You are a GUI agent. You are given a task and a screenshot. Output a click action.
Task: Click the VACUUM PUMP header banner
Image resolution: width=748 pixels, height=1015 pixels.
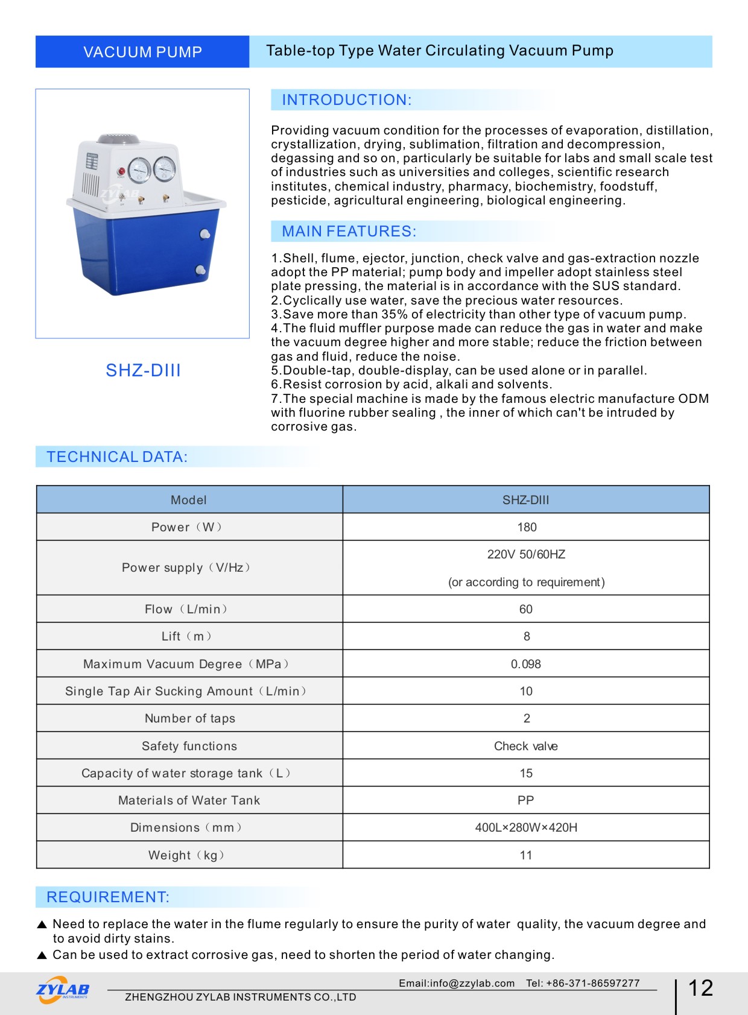point(142,52)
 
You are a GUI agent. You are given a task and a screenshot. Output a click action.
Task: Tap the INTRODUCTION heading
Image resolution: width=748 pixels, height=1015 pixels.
point(346,100)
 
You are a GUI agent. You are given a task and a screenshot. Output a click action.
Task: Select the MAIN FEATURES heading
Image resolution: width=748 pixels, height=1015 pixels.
point(349,232)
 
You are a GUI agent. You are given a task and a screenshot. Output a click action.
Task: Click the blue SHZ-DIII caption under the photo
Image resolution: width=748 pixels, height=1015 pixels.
point(143,370)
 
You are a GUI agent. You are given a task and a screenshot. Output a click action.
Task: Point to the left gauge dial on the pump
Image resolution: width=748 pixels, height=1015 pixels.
point(139,170)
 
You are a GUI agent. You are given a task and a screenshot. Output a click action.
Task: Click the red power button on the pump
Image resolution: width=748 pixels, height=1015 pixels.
point(121,171)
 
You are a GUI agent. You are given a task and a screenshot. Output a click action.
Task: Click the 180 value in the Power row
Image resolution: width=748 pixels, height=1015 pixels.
point(527,527)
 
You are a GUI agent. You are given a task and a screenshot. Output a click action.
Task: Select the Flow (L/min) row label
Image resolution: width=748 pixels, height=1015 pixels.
point(186,609)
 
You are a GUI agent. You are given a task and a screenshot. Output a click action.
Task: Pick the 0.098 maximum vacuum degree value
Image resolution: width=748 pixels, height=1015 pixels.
point(526,664)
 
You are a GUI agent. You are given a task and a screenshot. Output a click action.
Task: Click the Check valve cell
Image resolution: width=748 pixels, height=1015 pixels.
point(526,746)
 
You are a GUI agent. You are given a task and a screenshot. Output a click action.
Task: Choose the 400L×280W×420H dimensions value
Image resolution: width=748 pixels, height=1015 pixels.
point(526,827)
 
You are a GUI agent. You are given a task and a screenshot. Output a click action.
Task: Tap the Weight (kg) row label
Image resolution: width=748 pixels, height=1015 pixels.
point(186,855)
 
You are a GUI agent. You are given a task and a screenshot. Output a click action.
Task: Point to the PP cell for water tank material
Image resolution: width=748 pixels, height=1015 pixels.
point(526,800)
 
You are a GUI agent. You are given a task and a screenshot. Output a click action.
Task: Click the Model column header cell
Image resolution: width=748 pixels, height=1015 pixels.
point(189,500)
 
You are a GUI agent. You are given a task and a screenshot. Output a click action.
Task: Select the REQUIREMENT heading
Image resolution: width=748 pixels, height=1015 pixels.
point(108,897)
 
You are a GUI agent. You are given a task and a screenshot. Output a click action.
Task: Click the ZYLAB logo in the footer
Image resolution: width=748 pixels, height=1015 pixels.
point(63,990)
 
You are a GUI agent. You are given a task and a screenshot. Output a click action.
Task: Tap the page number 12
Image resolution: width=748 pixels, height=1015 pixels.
point(700,988)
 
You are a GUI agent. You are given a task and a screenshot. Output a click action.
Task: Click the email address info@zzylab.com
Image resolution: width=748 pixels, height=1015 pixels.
point(457,983)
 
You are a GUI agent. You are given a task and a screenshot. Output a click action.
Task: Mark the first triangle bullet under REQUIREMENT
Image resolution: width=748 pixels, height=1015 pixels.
point(42,925)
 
